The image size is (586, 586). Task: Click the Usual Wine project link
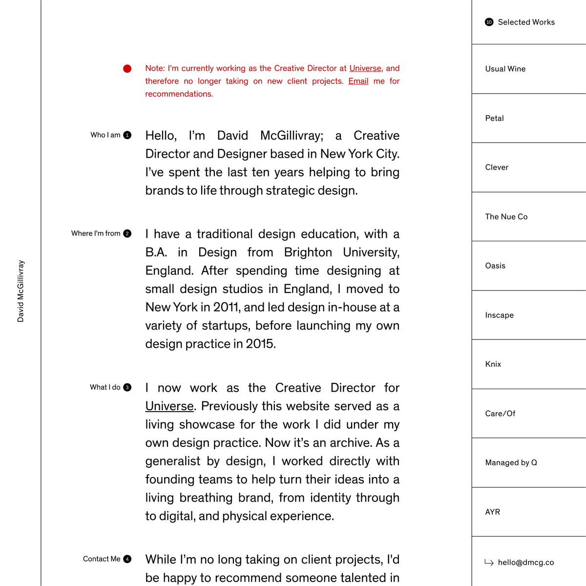[505, 69]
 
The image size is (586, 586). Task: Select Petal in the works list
[494, 118]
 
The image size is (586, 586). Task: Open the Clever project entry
[497, 167]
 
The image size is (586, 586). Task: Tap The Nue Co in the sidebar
[506, 216]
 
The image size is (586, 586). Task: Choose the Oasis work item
[495, 266]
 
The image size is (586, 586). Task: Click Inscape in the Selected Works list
[499, 315]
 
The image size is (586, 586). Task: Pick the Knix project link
[493, 364]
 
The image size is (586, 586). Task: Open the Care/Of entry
[500, 413]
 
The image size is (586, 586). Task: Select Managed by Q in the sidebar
[511, 462]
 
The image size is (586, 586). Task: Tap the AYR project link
[492, 512]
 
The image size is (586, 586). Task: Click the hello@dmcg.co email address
[525, 563]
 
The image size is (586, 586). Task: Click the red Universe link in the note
[365, 68]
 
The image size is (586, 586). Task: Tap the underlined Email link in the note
[358, 81]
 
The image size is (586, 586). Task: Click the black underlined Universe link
[169, 406]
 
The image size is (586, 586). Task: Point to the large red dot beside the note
[127, 69]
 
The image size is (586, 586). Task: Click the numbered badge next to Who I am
[127, 135]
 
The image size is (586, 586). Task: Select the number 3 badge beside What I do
[127, 387]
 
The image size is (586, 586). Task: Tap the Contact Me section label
[102, 559]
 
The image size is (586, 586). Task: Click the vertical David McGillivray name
[21, 291]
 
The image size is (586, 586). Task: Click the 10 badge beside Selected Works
[489, 22]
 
